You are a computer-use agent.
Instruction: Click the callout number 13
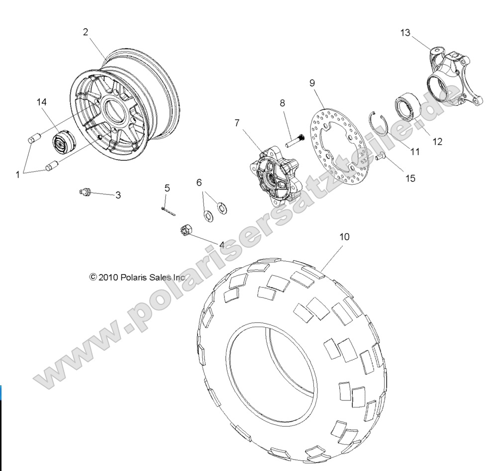pyautogui.click(x=405, y=33)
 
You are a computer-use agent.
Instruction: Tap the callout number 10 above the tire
pyautogui.click(x=344, y=237)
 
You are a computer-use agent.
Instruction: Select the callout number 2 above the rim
pyautogui.click(x=86, y=32)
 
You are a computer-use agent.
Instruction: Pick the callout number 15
pyautogui.click(x=410, y=177)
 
